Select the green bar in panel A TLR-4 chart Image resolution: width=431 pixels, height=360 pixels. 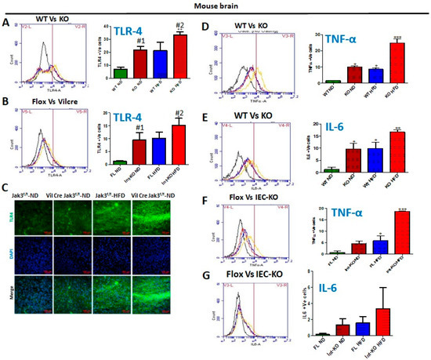click(120, 74)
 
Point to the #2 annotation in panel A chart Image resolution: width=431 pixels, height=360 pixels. click(182, 24)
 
